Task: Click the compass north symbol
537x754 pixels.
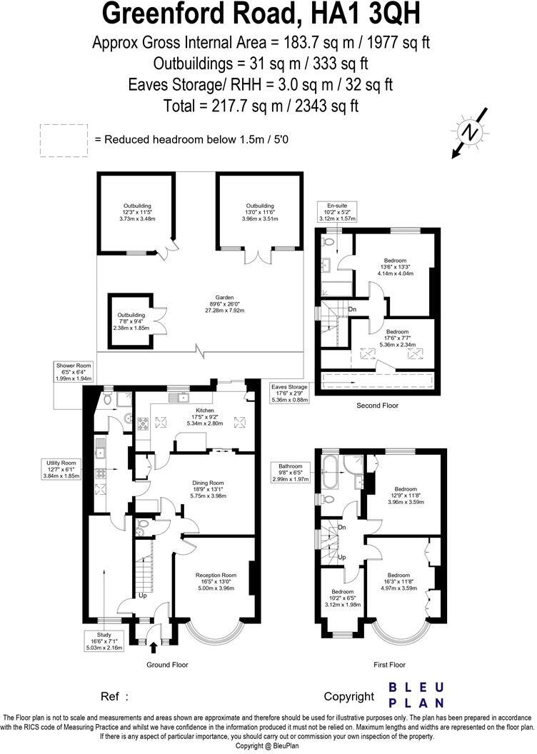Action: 469,132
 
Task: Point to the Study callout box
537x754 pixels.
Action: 104,640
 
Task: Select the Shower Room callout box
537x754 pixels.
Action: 74,372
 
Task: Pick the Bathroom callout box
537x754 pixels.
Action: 291,472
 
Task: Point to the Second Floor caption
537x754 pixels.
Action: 378,406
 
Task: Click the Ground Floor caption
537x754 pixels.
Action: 167,665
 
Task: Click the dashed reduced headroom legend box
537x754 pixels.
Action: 64,140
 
